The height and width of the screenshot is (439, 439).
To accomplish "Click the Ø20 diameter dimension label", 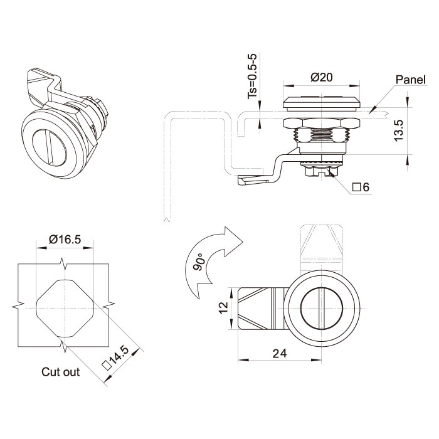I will point(321,78).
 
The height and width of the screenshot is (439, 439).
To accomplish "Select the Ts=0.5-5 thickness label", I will point(253,77).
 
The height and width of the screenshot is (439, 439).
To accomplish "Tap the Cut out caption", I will point(61,372).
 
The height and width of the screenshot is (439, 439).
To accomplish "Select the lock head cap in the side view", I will point(321,103).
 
